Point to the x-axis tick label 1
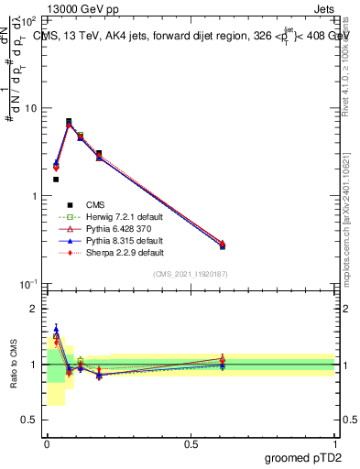pos(334,443)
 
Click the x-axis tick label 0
pos(47,443)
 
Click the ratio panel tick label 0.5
pos(30,420)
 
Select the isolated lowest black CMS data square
pos(56,180)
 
